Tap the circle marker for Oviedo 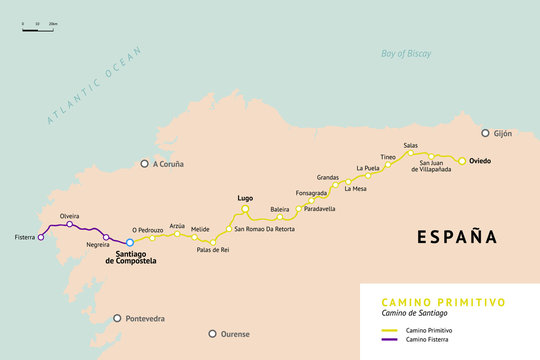click(462, 160)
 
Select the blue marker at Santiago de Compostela click(130, 242)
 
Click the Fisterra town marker click(41, 238)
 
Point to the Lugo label click(245, 198)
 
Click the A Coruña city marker click(144, 163)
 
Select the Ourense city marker click(212, 334)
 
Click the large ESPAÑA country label click(456, 237)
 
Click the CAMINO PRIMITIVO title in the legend click(443, 301)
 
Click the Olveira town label click(69, 216)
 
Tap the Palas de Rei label click(212, 251)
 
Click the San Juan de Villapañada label click(435, 166)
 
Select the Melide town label click(200, 229)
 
